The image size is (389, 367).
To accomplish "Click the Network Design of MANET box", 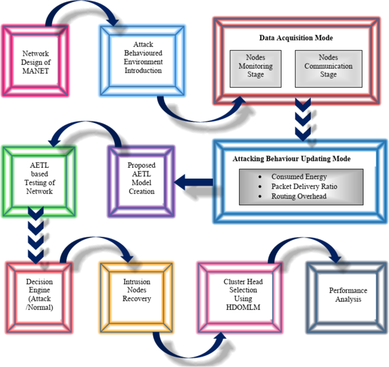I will pos(35,62).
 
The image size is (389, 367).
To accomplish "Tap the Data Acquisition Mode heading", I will pos(296,38).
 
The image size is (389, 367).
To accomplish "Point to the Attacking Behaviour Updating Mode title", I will pos(291,159).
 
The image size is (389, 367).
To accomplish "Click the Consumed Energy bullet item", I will pos(299,177).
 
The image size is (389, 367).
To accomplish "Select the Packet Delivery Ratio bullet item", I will pos(304,186).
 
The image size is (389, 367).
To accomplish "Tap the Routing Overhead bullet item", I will pos(299,196).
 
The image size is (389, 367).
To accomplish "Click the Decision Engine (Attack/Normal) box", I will pos(39,294).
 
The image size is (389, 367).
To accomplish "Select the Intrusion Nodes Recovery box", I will pos(136,290).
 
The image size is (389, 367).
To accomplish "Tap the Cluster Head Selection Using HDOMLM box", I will pos(243,294).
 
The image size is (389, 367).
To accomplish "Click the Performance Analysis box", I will pos(348,295).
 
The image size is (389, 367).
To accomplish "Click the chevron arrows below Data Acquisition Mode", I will pos(303,120).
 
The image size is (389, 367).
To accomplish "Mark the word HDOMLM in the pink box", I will pos(243,307).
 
